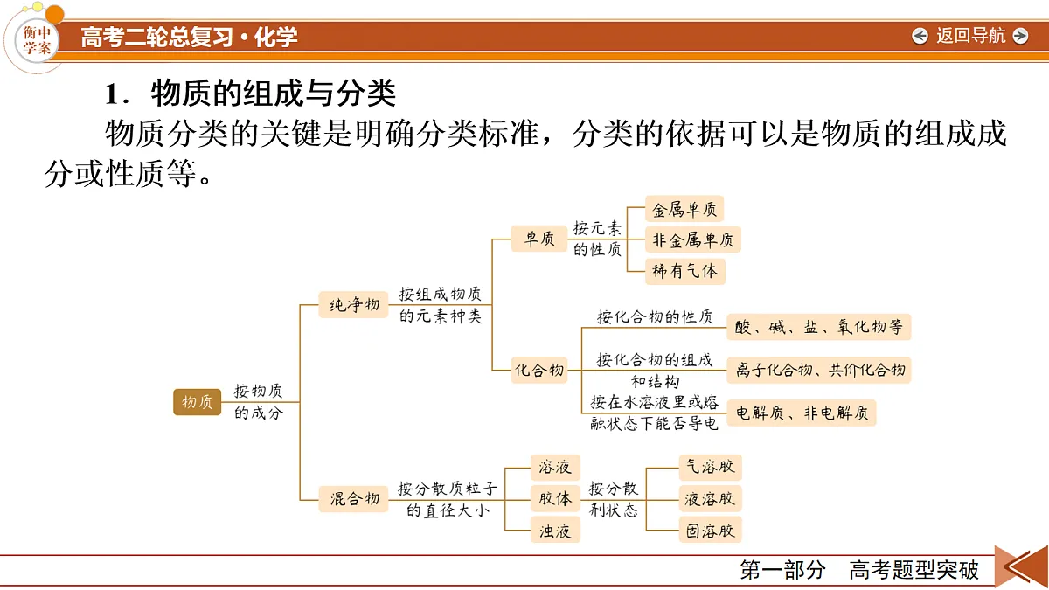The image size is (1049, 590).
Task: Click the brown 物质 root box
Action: [x=197, y=402]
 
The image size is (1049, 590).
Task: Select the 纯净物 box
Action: [x=353, y=305]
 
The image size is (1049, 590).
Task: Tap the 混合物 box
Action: [x=353, y=499]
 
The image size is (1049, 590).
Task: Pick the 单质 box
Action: [x=538, y=239]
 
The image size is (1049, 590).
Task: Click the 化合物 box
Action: [x=538, y=371]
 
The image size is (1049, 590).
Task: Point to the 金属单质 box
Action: [x=684, y=209]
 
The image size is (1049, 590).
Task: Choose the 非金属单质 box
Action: [x=692, y=240]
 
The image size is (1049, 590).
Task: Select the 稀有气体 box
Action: [x=684, y=271]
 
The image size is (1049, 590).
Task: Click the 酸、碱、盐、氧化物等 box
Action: [x=818, y=327]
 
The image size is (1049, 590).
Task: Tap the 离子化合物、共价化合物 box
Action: [x=818, y=370]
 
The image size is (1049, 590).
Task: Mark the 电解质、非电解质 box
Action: [x=801, y=413]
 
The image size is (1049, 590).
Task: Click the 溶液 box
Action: [x=555, y=468]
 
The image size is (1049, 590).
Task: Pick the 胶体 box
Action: [x=555, y=499]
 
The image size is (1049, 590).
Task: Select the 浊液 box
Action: [x=555, y=531]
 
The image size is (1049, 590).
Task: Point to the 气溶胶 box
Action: [x=710, y=467]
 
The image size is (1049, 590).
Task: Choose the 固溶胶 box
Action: [x=710, y=530]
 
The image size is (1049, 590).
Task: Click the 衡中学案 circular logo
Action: [x=37, y=40]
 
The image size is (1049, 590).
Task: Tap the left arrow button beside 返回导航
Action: [x=920, y=36]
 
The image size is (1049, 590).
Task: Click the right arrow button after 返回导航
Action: [x=1020, y=36]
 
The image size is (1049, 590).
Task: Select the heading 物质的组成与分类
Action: [x=274, y=94]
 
